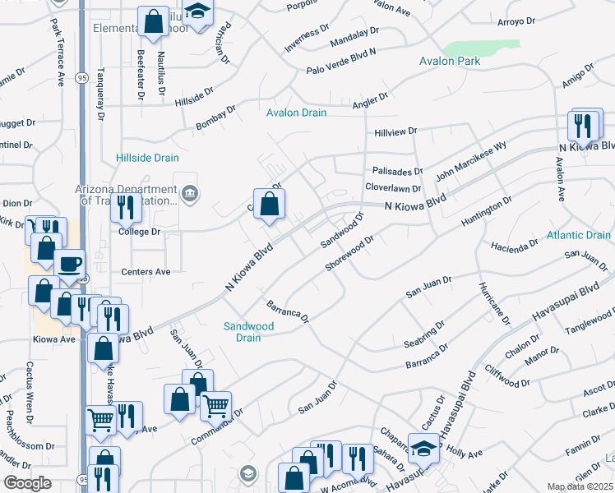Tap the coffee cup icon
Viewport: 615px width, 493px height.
pyautogui.click(x=69, y=264)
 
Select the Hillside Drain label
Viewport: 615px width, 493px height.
pyautogui.click(x=147, y=157)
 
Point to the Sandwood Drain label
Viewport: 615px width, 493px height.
pyautogui.click(x=248, y=332)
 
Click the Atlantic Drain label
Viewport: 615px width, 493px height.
pyautogui.click(x=579, y=236)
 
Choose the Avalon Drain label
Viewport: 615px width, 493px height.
pyautogui.click(x=296, y=113)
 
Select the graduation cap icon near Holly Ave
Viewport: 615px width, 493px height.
pyautogui.click(x=424, y=449)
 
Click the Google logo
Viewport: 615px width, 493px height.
pyautogui.click(x=27, y=483)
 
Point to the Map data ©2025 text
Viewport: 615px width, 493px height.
pyautogui.click(x=580, y=487)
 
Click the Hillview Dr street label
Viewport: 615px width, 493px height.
pyautogui.click(x=396, y=131)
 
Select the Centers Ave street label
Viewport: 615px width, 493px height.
pyautogui.click(x=146, y=271)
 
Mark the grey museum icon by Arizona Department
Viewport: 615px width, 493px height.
pyautogui.click(x=190, y=194)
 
